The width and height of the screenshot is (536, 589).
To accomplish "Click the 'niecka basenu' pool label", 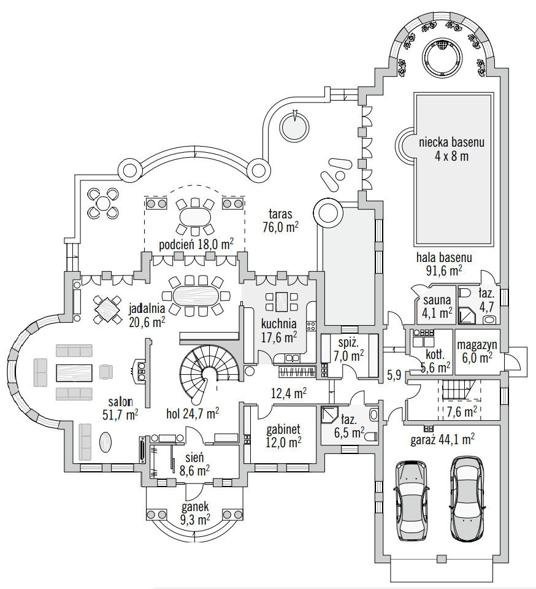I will coord(452,149).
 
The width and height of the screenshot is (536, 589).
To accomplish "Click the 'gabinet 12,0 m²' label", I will coord(282,435).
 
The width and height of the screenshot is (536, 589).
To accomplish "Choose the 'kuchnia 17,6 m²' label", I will coord(278,329).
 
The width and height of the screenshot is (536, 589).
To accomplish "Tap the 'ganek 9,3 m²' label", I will coord(195,513).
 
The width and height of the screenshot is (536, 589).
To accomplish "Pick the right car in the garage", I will coord(469,498).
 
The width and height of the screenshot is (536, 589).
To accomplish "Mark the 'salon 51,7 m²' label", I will coord(120,408).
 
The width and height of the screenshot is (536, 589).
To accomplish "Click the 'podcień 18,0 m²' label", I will coord(196,244).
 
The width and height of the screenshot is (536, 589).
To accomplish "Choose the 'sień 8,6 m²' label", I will coord(194,463).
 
